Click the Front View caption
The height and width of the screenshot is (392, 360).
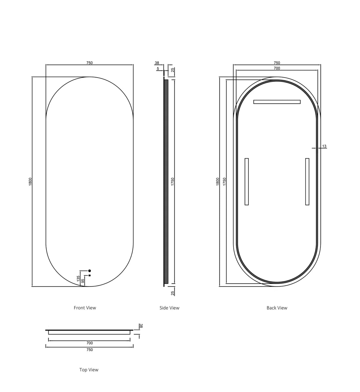[85, 308]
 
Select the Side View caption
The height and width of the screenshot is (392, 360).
[169, 308]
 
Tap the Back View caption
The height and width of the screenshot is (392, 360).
[277, 308]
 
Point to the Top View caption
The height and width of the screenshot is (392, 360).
[89, 370]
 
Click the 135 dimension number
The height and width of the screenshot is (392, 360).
[78, 279]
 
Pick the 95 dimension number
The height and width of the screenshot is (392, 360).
[83, 281]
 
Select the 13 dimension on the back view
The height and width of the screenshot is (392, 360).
[324, 146]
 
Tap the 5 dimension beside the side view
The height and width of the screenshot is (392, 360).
[158, 68]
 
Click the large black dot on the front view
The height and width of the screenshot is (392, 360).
[90, 271]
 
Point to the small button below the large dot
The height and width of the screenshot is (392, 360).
[90, 275]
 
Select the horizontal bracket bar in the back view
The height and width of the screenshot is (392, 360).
[277, 102]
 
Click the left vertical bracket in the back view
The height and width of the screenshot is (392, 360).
[246, 181]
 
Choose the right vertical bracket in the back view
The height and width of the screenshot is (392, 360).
[307, 181]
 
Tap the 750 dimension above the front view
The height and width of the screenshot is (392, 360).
[90, 63]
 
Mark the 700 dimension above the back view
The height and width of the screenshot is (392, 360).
[277, 68]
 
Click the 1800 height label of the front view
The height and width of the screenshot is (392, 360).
[30, 182]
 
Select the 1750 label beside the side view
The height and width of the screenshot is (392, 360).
[173, 182]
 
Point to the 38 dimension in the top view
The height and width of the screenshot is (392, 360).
[141, 326]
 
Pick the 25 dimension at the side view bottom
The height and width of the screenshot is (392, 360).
[173, 293]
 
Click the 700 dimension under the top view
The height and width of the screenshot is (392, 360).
[90, 343]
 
